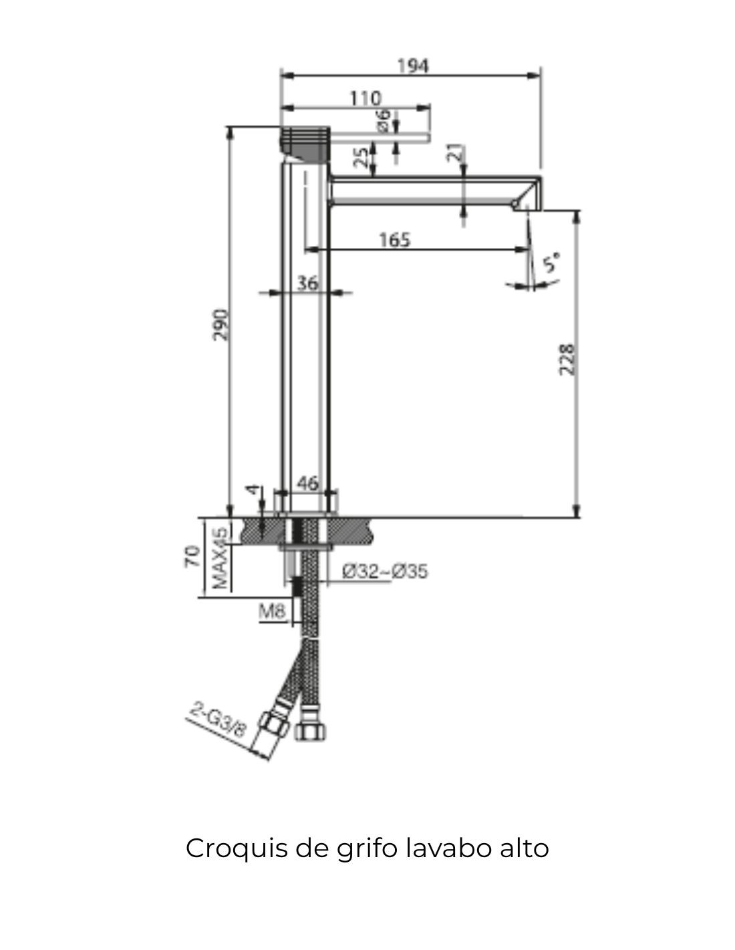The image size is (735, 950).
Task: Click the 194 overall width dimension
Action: [x=413, y=66]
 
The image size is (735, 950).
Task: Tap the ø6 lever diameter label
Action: [x=383, y=120]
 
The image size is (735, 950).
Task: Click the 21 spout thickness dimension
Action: [x=455, y=153]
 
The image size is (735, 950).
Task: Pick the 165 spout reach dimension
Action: [x=394, y=240]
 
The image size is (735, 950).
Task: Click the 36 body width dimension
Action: [x=307, y=283]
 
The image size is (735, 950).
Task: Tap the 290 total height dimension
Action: [x=220, y=324]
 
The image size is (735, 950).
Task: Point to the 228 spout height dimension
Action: [x=567, y=359]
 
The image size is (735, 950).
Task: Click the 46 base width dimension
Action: [x=307, y=483]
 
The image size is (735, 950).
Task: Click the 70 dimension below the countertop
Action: [x=192, y=556]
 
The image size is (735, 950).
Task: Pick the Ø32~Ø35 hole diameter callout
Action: [x=385, y=571]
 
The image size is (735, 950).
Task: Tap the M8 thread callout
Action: [x=272, y=610]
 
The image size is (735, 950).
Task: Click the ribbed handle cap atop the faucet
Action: [x=305, y=142]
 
